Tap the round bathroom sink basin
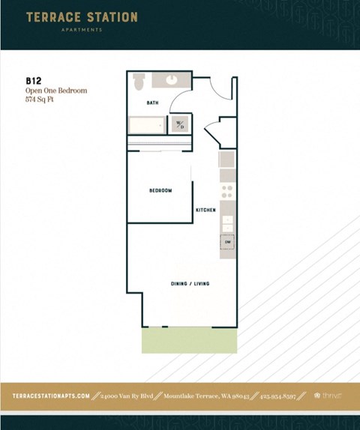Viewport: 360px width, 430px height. click(171, 79)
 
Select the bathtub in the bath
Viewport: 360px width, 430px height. click(146, 125)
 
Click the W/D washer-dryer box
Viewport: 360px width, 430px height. click(180, 124)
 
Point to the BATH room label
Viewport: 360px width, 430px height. click(152, 103)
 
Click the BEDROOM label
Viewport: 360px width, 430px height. click(160, 191)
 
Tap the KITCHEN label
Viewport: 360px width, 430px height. click(205, 211)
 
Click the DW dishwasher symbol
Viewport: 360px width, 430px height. click(227, 242)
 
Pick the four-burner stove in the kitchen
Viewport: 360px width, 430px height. click(227, 193)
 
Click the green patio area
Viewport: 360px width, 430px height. click(189, 342)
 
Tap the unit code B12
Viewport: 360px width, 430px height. click(33, 80)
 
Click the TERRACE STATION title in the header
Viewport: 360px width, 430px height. click(82, 17)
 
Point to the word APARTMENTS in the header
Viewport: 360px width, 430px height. click(82, 31)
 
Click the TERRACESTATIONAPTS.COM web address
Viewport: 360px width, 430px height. click(51, 396)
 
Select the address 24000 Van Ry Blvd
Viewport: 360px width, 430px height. click(126, 396)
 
